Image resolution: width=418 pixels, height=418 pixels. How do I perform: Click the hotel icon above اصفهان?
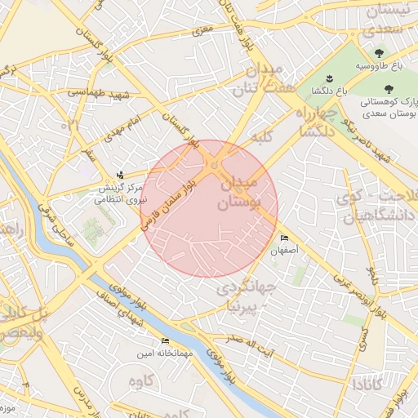tap(283, 238)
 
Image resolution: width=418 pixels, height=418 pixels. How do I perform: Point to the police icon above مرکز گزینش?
tap(122, 174)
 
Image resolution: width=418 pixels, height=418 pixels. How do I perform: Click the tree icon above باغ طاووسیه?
tap(379, 52)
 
